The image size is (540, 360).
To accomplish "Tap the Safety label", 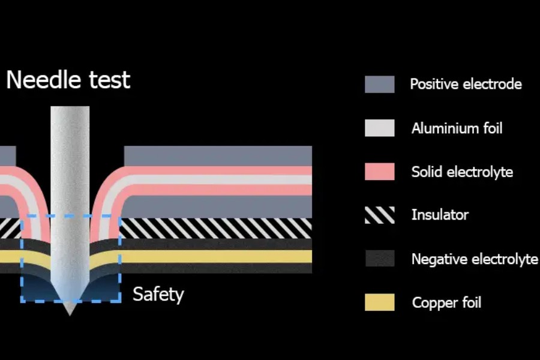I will tap(158, 295).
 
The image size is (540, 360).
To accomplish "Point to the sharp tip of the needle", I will tap(70, 313).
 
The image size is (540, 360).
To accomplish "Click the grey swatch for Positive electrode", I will tap(379, 85).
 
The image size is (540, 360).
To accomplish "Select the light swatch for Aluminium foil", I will tap(379, 128).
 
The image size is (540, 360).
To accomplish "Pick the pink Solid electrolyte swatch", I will tap(379, 172).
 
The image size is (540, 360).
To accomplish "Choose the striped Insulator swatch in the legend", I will tap(379, 215).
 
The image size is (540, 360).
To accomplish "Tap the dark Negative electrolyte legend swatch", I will tap(379, 259).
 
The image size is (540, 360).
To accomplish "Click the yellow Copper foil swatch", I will tap(379, 302).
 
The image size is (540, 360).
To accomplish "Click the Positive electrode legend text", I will tap(466, 84).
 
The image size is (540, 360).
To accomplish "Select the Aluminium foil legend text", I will tap(457, 128).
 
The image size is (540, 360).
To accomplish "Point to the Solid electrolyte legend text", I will tap(462, 172).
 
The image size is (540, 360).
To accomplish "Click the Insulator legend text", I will tap(440, 215).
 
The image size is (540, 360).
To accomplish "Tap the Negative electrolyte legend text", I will tap(474, 259).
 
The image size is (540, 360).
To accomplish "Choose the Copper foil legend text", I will tap(446, 302).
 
